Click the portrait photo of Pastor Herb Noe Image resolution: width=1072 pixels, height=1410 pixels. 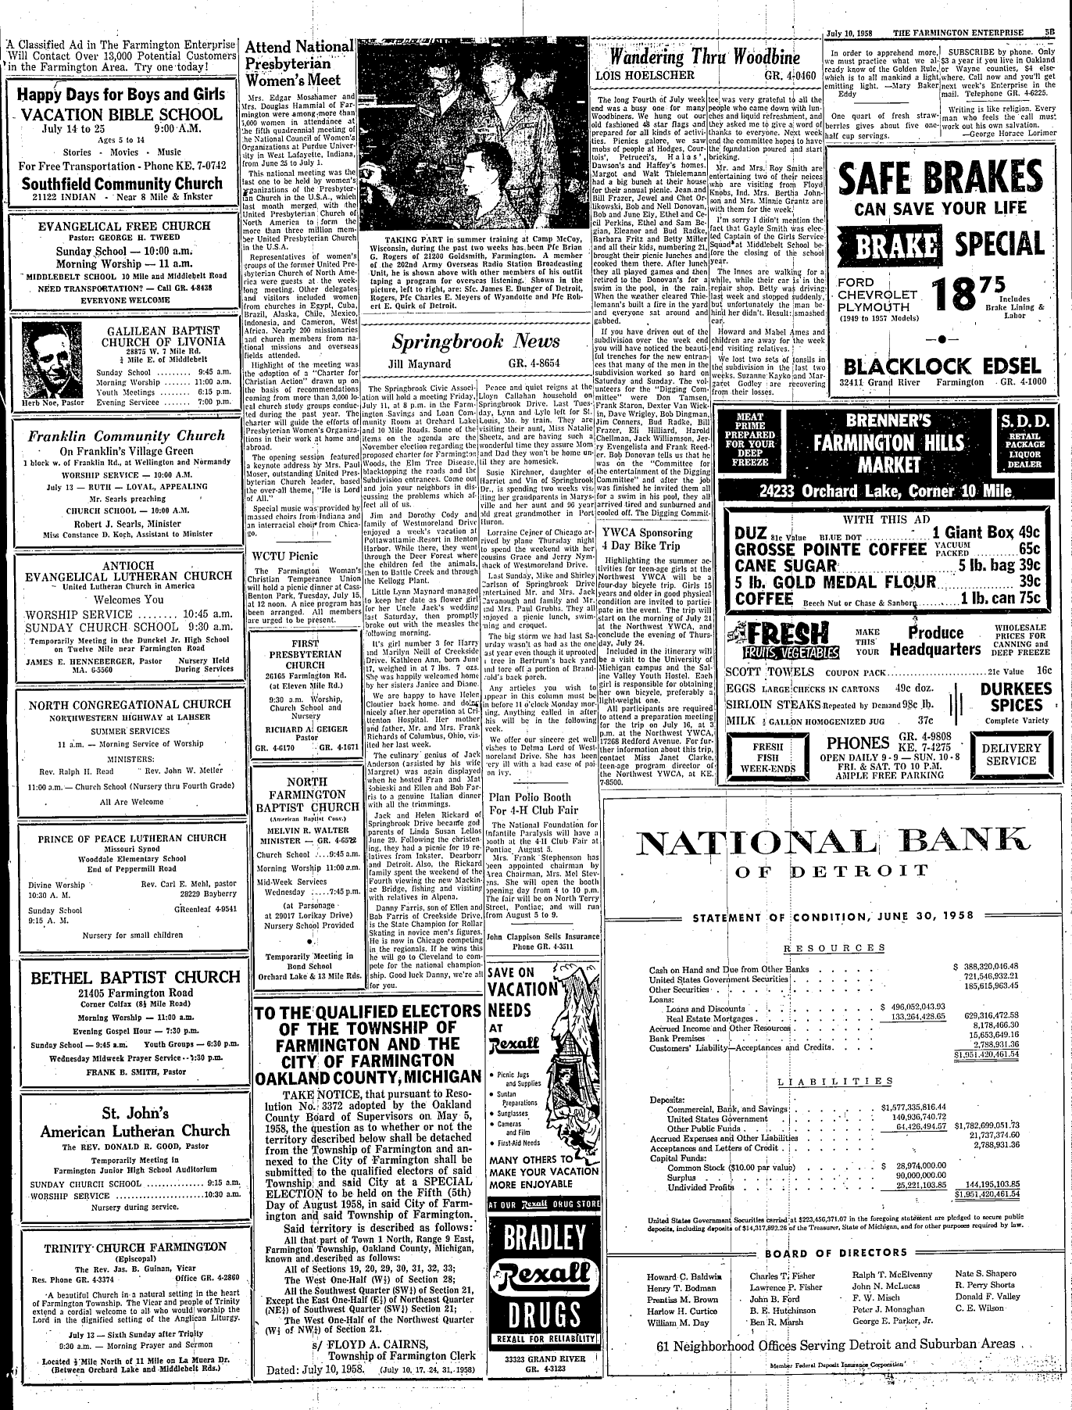tap(46, 360)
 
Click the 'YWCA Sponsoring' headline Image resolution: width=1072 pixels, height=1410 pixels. tap(648, 532)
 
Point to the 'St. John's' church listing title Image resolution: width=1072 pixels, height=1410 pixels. tap(123, 1112)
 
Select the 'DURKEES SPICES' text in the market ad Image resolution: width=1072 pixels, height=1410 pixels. tap(1016, 696)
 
